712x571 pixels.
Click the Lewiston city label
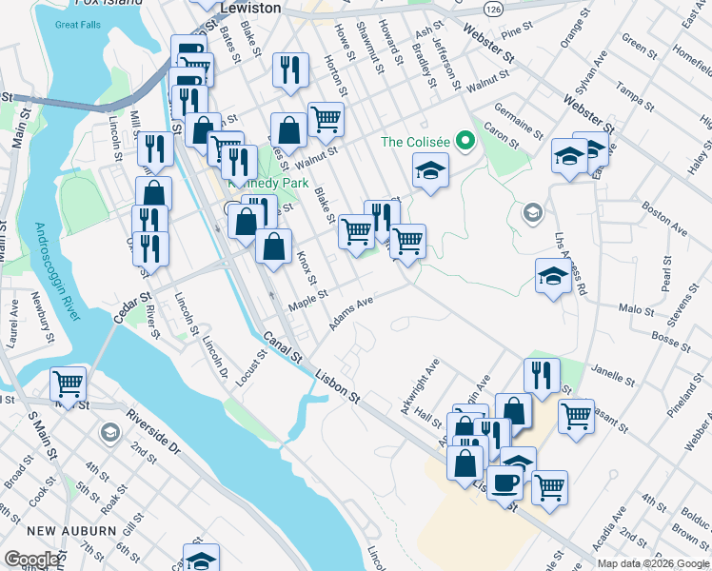pos(250,7)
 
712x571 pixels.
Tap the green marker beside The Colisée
pos(465,143)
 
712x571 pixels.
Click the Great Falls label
pos(78,25)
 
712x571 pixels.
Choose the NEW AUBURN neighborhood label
pos(44,530)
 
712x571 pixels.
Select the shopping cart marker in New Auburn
pos(68,384)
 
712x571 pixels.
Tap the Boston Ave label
pos(664,218)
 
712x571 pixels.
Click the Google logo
pos(31,560)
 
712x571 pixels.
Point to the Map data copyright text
pos(653,563)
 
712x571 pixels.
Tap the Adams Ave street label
pos(350,313)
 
